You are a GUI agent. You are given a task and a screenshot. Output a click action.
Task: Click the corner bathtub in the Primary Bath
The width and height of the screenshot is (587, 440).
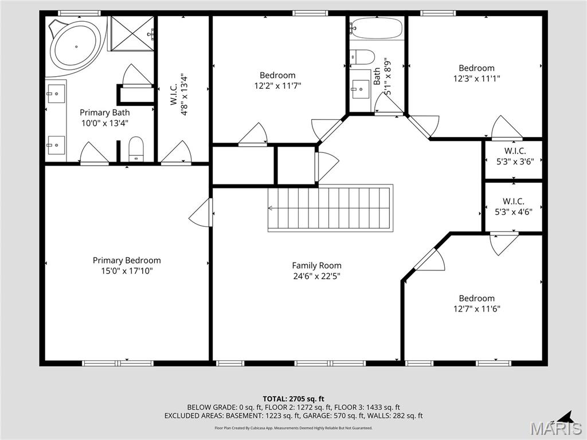click(75, 46)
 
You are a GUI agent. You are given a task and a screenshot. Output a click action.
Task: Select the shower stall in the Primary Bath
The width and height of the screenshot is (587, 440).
click(132, 34)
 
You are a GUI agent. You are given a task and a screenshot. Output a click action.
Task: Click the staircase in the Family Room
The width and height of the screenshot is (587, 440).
click(330, 208)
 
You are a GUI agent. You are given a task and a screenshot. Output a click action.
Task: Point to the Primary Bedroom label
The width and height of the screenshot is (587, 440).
click(127, 261)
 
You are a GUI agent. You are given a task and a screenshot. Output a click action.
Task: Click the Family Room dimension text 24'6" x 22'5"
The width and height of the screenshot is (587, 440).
click(316, 276)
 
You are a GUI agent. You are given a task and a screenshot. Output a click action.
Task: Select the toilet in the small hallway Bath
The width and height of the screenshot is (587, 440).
click(362, 57)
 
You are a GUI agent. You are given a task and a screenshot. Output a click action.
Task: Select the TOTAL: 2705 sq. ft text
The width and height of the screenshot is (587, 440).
click(293, 399)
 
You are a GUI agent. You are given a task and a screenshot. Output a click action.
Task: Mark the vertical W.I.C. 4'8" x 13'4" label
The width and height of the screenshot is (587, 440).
click(178, 95)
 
